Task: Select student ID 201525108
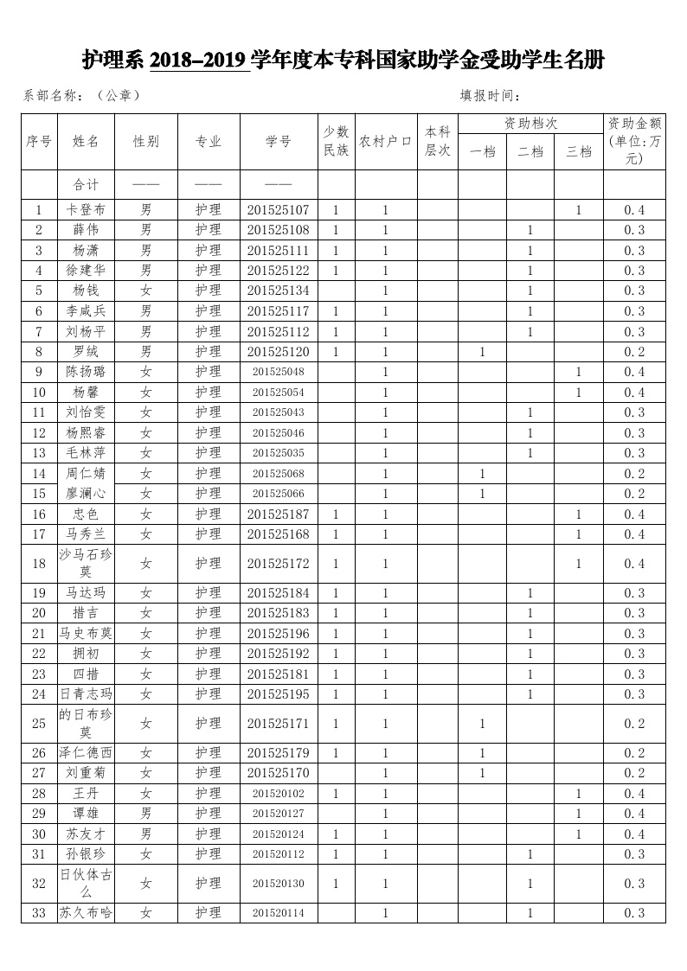click(278, 230)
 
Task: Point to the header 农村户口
click(385, 142)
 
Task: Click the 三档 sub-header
click(578, 152)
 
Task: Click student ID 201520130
click(278, 884)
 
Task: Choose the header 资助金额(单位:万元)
click(634, 141)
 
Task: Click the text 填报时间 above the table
click(490, 96)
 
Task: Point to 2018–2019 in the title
click(199, 61)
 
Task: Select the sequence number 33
click(38, 913)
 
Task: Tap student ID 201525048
click(278, 372)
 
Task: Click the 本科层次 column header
click(438, 141)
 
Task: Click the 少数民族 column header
click(336, 141)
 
